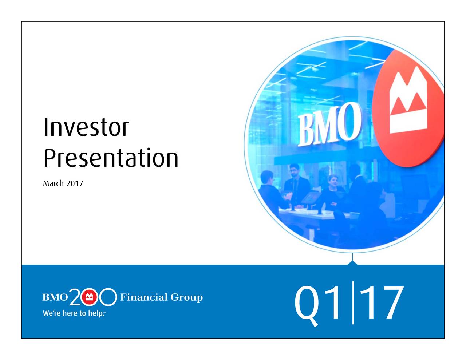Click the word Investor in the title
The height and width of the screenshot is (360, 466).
click(86, 127)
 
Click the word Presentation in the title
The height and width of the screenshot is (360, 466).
click(111, 158)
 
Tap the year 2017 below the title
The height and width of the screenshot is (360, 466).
click(75, 183)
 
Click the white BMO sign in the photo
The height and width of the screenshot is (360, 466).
click(329, 124)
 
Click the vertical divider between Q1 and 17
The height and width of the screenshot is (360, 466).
click(353, 302)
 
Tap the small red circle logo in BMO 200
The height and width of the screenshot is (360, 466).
click(89, 297)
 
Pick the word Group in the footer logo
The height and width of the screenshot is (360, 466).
click(186, 298)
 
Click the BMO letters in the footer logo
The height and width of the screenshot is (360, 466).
click(55, 297)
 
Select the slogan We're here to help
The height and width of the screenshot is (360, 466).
click(74, 313)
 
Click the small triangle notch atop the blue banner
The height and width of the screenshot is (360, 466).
click(353, 263)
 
